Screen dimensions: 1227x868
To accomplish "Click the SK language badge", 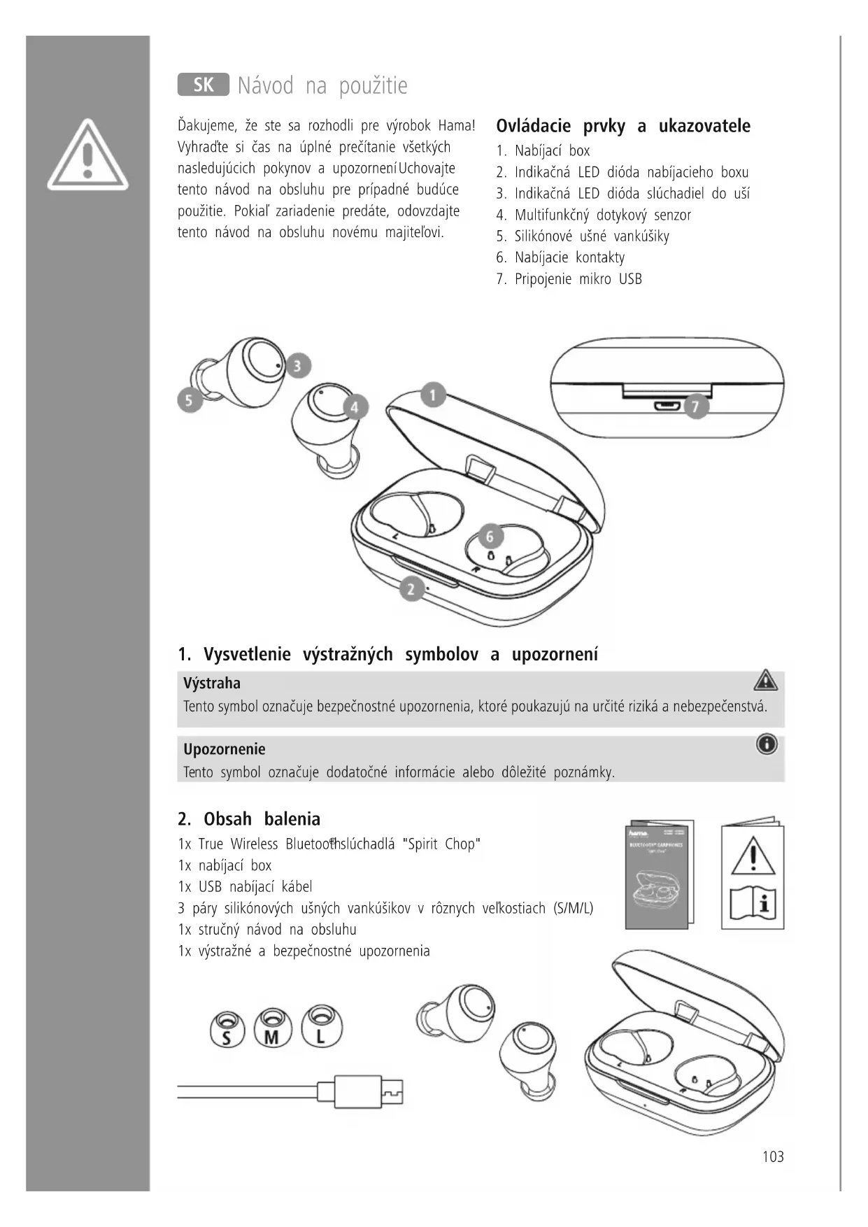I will click(x=203, y=85).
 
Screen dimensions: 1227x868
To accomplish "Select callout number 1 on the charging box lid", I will click(x=433, y=395).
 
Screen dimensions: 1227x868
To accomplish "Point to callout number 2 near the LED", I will click(x=411, y=589).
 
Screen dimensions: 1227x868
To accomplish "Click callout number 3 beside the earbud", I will click(x=298, y=365).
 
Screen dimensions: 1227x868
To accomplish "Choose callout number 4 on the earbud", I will click(x=355, y=407).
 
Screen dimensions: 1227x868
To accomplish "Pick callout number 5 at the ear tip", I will click(x=189, y=401).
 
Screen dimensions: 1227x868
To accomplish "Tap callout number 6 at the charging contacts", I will click(x=490, y=536).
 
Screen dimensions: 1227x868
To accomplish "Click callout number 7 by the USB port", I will click(x=695, y=406).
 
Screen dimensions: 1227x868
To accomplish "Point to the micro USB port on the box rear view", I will click(x=665, y=406).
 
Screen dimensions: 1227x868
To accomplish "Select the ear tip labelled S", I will click(x=227, y=1029).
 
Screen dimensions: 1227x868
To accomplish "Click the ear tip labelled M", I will click(x=272, y=1028).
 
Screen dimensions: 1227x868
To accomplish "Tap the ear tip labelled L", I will click(x=321, y=1027).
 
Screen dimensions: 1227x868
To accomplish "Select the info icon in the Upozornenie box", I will click(x=767, y=744).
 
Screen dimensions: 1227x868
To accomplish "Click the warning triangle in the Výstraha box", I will click(x=766, y=680).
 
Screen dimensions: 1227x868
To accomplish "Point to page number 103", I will click(x=773, y=1157).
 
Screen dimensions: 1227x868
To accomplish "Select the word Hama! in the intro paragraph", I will click(x=457, y=126).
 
